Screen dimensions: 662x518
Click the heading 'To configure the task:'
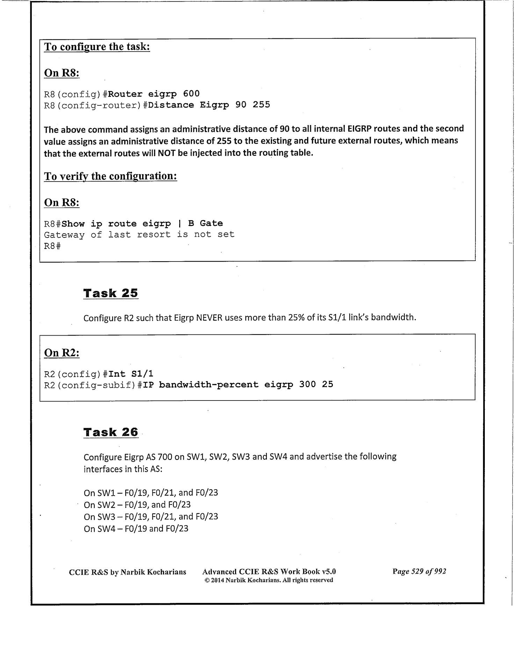[97, 47]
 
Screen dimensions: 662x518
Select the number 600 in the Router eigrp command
[191, 94]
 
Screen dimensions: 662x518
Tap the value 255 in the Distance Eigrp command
[261, 105]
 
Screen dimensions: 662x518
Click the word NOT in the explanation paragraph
[167, 153]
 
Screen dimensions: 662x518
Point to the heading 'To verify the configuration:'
[110, 176]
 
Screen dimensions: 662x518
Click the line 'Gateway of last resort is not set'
[139, 234]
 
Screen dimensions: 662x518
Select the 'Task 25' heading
[111, 293]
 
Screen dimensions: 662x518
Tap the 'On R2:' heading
[61, 353]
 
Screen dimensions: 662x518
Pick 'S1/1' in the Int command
[142, 374]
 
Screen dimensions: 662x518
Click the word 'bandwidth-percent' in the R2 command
[209, 384]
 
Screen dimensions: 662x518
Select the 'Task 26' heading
[111, 432]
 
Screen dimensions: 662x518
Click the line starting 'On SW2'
[137, 505]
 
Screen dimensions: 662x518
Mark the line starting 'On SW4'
[136, 528]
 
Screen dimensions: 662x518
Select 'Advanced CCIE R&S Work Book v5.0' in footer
[269, 572]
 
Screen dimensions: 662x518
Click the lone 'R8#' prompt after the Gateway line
[52, 246]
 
